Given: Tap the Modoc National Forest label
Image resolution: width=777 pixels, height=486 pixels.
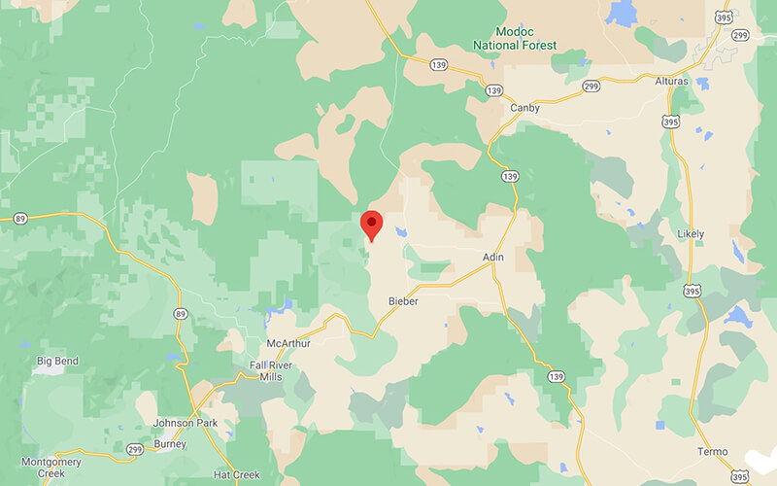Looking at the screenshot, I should (x=514, y=38).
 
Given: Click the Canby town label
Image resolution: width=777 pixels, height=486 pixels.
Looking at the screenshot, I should (x=524, y=108).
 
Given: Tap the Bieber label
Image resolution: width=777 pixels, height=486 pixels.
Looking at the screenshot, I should (x=402, y=301).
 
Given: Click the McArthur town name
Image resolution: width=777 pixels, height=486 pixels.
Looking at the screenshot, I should (x=288, y=343).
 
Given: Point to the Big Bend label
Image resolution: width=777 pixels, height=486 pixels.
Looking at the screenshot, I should (x=57, y=361).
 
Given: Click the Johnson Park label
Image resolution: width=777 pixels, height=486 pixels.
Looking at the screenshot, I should (x=186, y=424).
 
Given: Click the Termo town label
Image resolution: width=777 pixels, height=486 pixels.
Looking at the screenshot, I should (x=712, y=452).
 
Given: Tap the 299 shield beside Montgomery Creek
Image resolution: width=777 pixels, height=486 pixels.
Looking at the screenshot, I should (x=133, y=448).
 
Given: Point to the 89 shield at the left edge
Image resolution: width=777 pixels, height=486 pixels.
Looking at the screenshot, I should (x=18, y=220).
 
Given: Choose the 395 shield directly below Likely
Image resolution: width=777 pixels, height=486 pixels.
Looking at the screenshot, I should (x=691, y=262).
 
